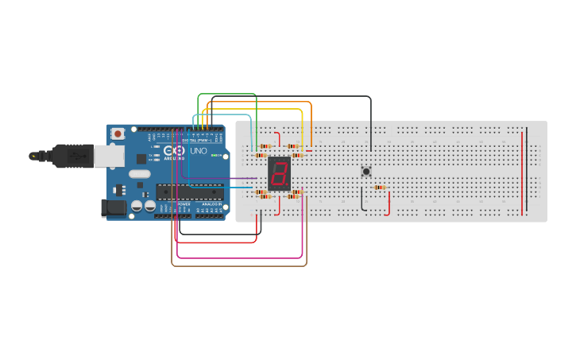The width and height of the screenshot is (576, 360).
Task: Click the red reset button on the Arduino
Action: pos(118,134)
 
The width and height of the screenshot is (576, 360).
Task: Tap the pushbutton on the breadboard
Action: pos(366,171)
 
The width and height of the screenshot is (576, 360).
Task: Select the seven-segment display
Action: pos(279,172)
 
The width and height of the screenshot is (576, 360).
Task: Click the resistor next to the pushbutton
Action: pos(380,188)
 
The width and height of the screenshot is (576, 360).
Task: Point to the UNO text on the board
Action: pos(198,151)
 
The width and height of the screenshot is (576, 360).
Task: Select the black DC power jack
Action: pos(114,208)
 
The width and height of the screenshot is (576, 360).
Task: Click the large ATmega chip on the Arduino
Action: pos(189,191)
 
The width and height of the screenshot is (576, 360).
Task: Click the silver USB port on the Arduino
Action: pos(109,156)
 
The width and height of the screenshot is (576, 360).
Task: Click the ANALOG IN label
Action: pos(209,204)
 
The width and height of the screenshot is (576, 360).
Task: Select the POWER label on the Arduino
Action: pos(184,204)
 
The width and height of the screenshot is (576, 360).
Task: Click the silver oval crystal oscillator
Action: pos(139,174)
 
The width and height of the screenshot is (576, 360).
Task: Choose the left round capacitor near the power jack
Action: pos(137,206)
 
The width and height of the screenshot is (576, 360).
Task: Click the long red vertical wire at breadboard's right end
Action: pos(522,171)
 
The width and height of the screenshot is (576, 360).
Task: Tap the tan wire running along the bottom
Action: pos(238,265)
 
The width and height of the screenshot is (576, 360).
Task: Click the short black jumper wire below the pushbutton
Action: pos(362,200)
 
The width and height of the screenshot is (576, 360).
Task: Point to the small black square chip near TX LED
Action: pos(141,158)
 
